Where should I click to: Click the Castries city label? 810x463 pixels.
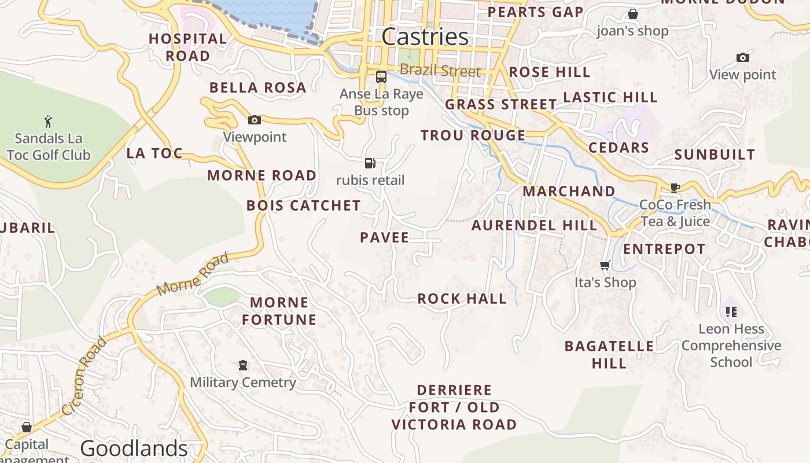coord(425,37)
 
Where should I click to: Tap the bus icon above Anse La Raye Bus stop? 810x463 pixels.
coord(381,76)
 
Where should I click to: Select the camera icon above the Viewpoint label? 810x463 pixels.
coord(254,120)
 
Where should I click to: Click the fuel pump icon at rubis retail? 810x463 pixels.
coord(370,163)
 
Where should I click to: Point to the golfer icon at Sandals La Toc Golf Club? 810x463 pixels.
coord(48,122)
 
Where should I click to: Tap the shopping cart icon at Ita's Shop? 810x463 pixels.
coord(605,265)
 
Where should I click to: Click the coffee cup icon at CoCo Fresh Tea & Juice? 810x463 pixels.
coord(675,187)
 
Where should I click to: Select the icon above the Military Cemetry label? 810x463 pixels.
coord(243,365)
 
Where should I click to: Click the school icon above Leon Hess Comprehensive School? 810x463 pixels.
coord(731,312)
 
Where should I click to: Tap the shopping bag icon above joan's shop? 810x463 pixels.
coord(633,13)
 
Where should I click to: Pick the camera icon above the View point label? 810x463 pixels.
coord(743,57)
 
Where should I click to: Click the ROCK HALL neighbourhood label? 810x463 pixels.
coord(462,299)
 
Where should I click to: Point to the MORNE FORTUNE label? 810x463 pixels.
coord(279,311)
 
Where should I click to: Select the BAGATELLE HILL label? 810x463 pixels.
coord(609,354)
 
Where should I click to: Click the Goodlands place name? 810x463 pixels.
coord(134,449)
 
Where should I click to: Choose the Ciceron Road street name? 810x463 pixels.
coord(84,376)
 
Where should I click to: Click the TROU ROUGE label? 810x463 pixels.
coord(473,135)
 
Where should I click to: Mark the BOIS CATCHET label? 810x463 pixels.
coord(303,205)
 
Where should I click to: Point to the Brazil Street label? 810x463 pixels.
coord(440,71)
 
